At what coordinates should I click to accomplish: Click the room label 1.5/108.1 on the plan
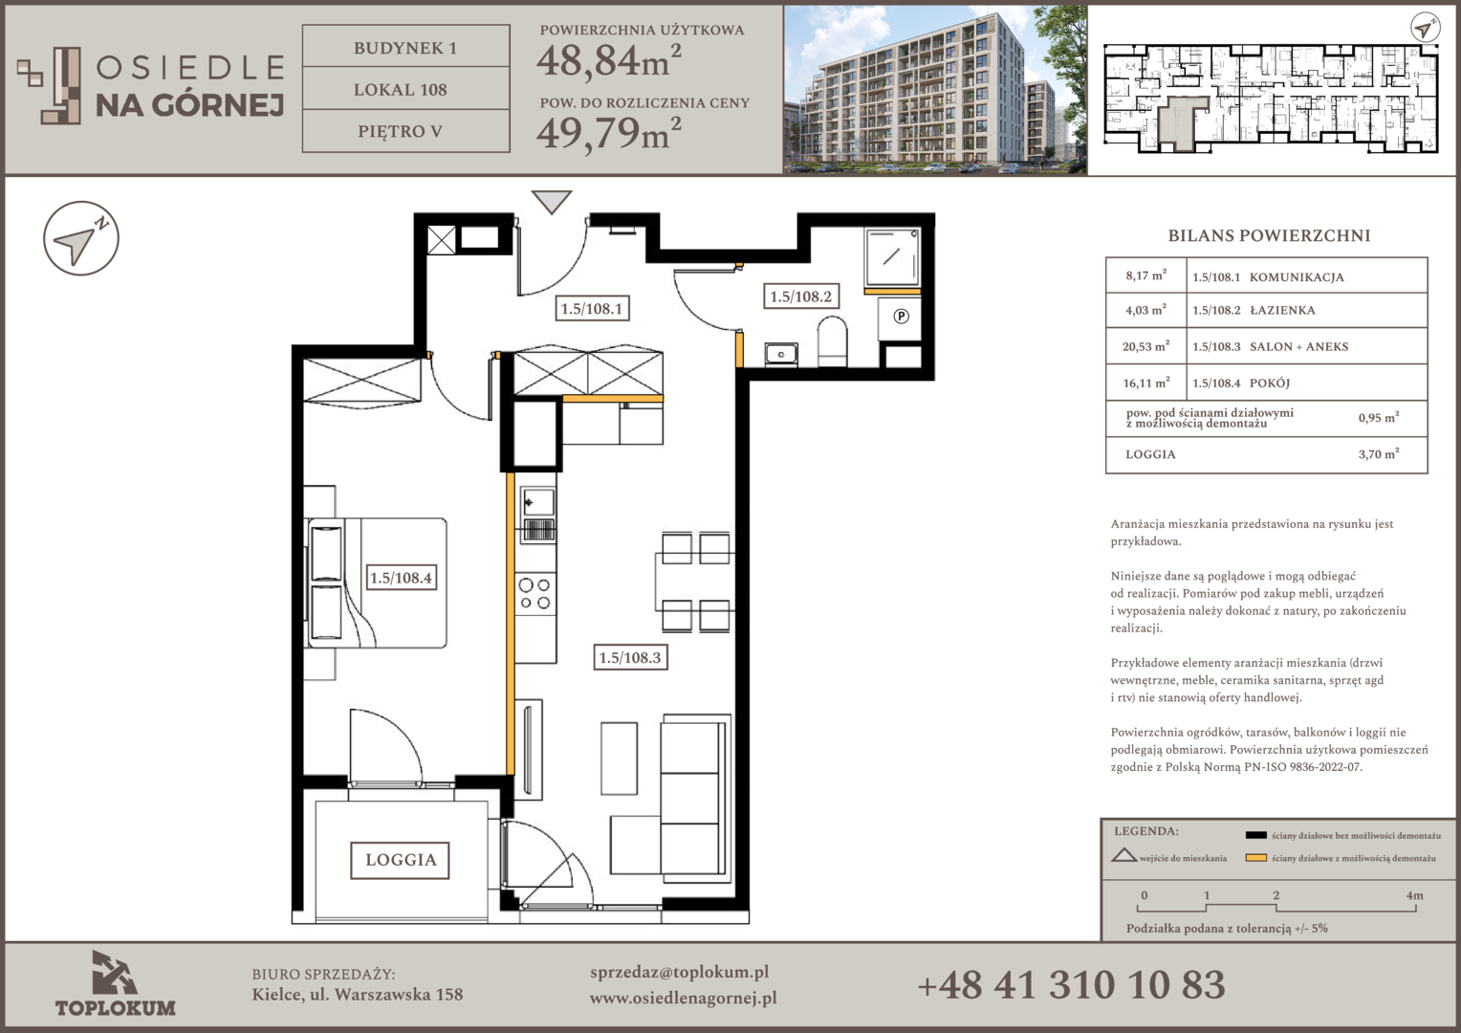click(x=592, y=308)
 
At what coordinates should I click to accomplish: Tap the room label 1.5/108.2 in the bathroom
click(x=801, y=297)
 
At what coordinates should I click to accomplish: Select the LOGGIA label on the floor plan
click(x=401, y=860)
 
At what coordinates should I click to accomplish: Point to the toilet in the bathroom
click(x=832, y=341)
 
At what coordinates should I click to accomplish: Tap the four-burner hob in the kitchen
click(x=534, y=594)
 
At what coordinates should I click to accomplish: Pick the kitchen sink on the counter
click(x=537, y=515)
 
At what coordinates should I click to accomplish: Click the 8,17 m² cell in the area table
click(x=1145, y=275)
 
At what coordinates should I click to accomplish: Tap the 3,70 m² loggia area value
click(x=1379, y=453)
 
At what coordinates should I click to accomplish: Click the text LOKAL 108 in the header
click(x=401, y=89)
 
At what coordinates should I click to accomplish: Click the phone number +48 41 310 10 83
click(x=1071, y=985)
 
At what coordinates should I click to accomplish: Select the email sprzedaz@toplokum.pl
click(x=679, y=972)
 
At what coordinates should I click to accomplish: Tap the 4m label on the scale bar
click(x=1414, y=895)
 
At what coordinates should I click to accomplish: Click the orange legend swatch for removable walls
click(x=1255, y=858)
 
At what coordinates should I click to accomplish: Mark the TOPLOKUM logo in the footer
click(x=116, y=984)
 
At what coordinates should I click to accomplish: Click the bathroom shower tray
click(x=892, y=257)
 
